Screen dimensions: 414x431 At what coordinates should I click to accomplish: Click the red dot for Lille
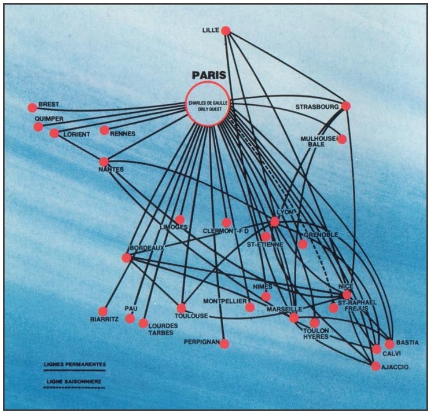(x=226, y=31)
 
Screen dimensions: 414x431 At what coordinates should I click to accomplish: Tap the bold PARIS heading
(x=209, y=75)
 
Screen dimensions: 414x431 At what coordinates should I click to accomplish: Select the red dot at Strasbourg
(x=346, y=106)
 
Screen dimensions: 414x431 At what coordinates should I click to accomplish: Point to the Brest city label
(x=49, y=105)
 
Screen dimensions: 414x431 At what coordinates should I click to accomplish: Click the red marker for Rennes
(x=104, y=130)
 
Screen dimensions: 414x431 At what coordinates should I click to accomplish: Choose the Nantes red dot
(x=104, y=162)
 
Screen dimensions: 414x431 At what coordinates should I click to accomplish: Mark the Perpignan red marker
(x=224, y=343)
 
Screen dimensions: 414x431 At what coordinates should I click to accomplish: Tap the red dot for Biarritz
(x=103, y=312)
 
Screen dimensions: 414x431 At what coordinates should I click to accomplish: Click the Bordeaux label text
(x=148, y=248)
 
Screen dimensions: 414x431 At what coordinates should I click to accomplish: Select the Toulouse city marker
(x=182, y=308)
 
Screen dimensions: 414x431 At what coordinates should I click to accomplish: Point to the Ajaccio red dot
(x=376, y=366)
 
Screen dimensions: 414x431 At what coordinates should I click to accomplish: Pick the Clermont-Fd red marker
(x=226, y=222)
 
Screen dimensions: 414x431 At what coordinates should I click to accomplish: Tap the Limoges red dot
(x=180, y=219)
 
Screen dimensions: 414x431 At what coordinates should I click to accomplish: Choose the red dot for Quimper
(x=38, y=127)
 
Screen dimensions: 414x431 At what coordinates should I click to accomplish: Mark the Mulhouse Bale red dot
(x=342, y=139)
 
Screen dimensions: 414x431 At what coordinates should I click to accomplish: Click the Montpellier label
(x=225, y=302)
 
